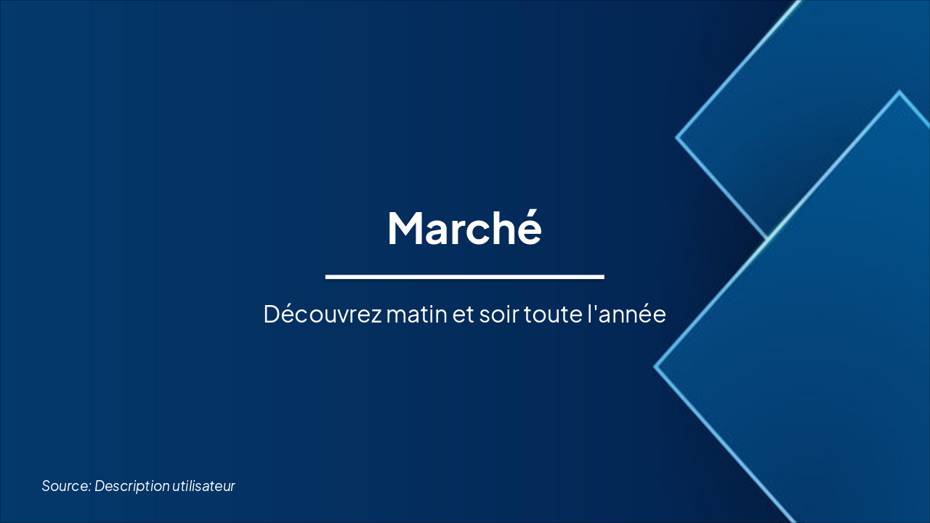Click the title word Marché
coord(464,228)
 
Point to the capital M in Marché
coord(405,228)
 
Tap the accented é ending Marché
coord(528,227)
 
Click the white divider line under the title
coord(464,277)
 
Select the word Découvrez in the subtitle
coord(322,315)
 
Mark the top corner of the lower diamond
coord(899,92)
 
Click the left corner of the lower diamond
coord(655,367)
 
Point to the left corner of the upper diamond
coord(677,137)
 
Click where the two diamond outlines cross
coord(767,238)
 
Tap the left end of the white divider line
coord(327,277)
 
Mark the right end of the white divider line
coord(603,277)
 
